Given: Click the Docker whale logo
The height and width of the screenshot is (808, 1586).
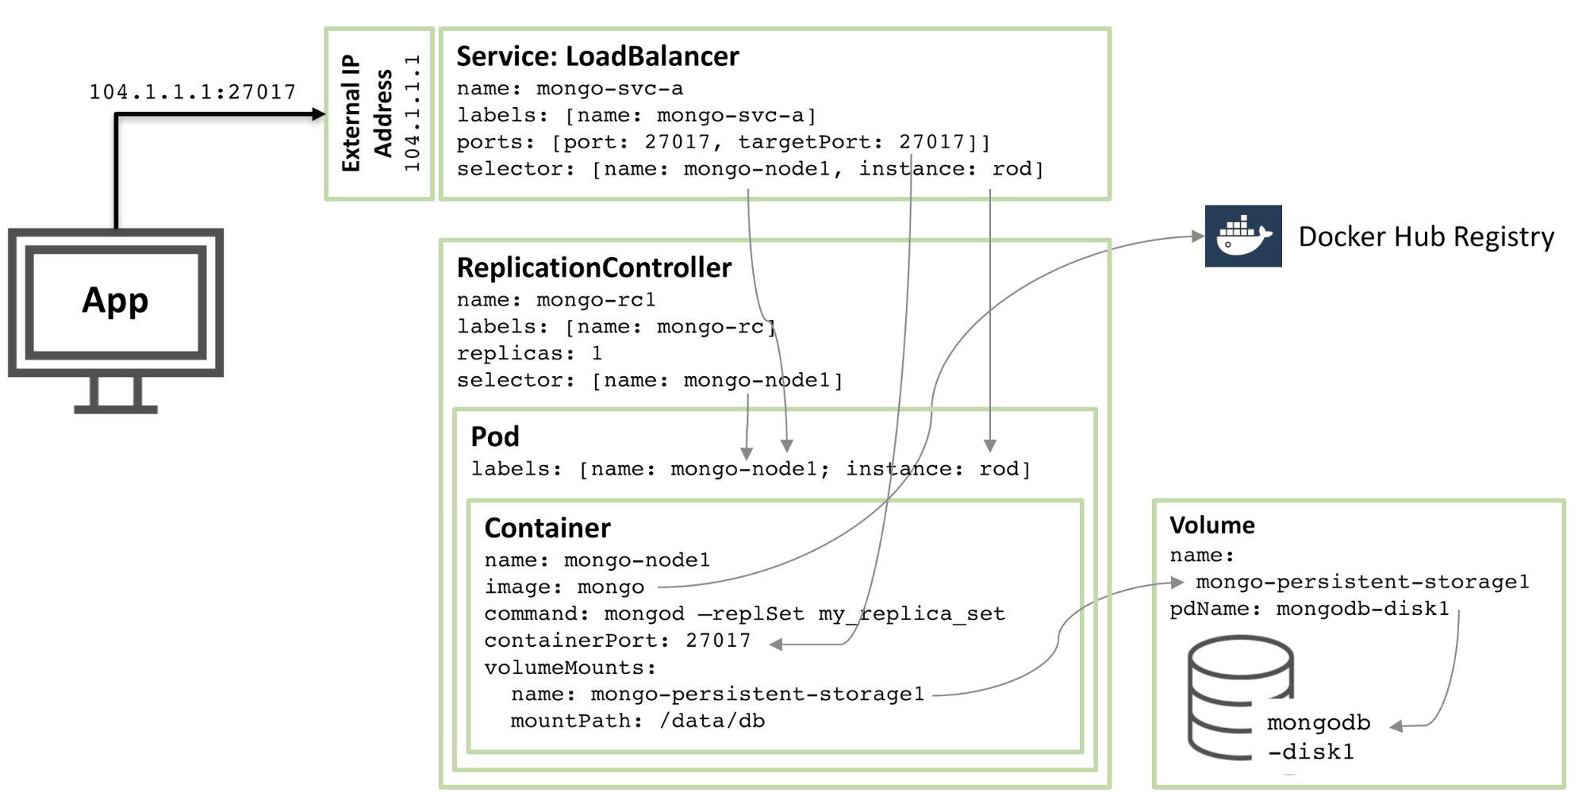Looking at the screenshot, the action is click(1243, 236).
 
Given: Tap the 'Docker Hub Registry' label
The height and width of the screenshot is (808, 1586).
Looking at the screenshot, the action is click(1426, 237).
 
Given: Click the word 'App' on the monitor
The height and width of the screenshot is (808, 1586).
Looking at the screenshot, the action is click(115, 301).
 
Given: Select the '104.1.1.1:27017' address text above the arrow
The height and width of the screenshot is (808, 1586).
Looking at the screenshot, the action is click(192, 92).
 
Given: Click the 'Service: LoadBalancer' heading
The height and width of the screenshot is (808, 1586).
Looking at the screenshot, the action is click(597, 56).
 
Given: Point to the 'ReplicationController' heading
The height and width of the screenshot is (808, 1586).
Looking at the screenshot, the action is click(593, 268).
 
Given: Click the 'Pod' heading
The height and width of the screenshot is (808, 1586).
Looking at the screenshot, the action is click(495, 437).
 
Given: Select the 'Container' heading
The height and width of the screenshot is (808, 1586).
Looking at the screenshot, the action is click(547, 528).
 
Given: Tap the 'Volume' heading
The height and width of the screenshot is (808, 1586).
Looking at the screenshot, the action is click(1212, 525).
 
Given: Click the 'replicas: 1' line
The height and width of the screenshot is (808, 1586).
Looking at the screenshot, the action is click(529, 353).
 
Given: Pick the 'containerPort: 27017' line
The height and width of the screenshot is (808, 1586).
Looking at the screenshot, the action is click(617, 641).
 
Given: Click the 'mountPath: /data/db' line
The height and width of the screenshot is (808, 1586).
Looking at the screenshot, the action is click(638, 721).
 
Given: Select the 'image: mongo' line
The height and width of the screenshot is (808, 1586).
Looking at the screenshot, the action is click(564, 587).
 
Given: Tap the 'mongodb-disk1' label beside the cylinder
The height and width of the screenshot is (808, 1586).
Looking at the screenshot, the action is click(1318, 737).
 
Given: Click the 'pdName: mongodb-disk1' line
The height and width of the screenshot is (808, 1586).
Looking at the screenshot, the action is click(1309, 609).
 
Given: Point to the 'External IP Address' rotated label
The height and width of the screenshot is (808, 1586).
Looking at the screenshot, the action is click(367, 114).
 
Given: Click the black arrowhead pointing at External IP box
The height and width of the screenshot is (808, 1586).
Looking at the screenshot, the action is click(319, 114).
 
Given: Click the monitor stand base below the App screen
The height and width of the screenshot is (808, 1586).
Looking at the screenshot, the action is click(116, 410).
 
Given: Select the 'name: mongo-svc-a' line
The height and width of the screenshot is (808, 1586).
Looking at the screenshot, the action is click(570, 88).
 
